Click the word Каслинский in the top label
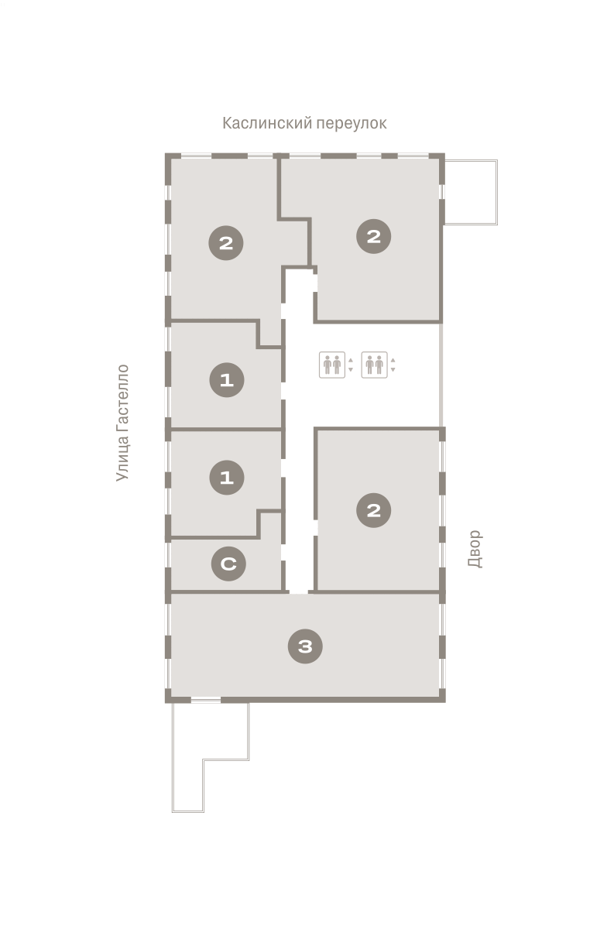tap(267, 123)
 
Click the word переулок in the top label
tap(352, 124)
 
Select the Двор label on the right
tap(475, 549)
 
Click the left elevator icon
tap(332, 365)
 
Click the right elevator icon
tap(374, 365)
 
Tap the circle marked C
tap(228, 564)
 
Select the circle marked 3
tap(305, 646)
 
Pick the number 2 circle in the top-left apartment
tap(226, 243)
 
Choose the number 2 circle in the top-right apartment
tap(374, 236)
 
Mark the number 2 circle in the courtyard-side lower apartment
tap(374, 510)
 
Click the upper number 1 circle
tap(227, 380)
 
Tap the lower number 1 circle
tap(227, 478)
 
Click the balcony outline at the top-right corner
tap(497, 193)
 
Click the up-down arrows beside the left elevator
tap(351, 365)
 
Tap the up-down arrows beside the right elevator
tap(393, 365)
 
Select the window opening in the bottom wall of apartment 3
tap(206, 701)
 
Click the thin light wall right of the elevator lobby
tap(441, 375)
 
